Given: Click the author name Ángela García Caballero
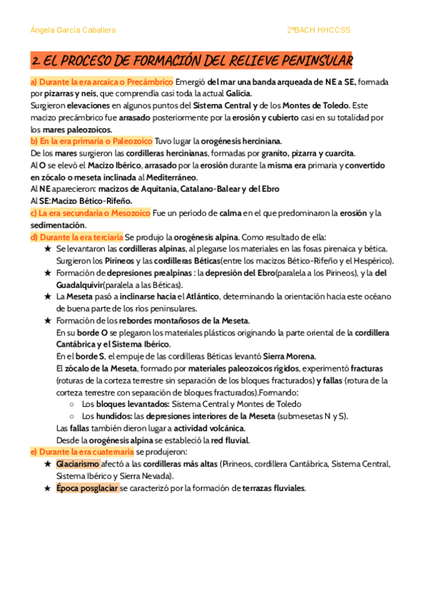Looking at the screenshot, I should tap(74, 30).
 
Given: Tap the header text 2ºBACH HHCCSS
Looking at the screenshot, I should tap(319, 30).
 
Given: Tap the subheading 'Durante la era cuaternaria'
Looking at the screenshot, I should tap(81, 451).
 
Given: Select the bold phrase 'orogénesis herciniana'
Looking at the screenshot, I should tap(242, 141).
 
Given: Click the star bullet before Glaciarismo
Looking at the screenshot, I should tap(47, 463).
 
